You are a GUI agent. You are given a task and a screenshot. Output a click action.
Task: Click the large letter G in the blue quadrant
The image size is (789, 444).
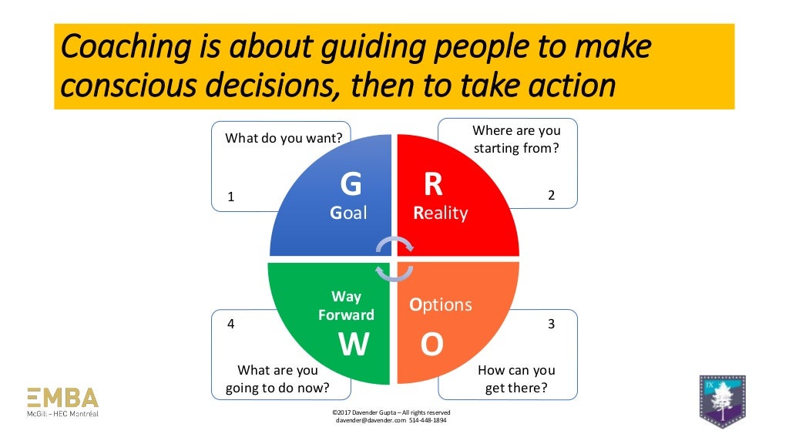click(351, 185)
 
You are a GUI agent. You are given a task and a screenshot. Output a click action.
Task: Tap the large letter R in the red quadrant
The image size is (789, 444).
click(433, 185)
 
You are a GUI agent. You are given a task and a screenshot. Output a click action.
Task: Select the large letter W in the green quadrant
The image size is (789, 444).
click(354, 345)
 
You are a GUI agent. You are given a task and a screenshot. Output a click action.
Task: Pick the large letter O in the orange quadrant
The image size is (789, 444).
click(431, 345)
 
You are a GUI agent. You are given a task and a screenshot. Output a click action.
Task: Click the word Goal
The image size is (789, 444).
click(348, 214)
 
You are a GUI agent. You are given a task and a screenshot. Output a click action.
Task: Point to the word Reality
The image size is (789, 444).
click(440, 214)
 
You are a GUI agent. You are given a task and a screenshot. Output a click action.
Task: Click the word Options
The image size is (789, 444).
click(440, 304)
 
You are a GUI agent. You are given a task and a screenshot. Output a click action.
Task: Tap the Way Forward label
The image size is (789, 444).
click(346, 306)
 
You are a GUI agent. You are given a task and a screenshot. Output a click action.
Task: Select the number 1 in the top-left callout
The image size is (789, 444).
click(230, 197)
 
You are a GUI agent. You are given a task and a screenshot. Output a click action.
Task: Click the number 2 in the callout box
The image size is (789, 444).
click(551, 196)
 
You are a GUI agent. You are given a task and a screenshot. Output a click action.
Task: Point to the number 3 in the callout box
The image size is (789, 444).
click(551, 325)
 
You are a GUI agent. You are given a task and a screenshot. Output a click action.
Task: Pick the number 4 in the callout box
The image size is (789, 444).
click(230, 325)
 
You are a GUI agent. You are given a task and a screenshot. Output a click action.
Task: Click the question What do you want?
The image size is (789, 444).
click(284, 139)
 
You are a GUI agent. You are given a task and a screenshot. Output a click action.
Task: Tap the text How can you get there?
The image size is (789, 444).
click(516, 379)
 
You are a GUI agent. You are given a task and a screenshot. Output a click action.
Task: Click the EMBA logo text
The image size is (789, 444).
click(63, 398)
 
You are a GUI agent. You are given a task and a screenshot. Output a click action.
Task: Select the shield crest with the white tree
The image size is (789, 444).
click(722, 400)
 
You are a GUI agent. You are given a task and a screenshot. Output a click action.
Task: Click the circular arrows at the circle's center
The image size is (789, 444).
click(394, 259)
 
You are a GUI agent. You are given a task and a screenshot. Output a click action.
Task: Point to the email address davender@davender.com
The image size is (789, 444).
click(365, 421)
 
